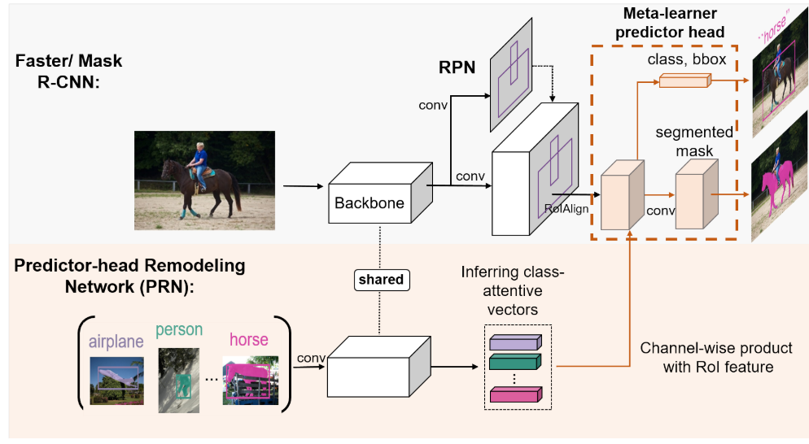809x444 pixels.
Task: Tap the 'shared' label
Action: click(x=381, y=280)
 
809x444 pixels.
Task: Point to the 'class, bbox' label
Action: click(x=687, y=59)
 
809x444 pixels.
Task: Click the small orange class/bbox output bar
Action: click(x=684, y=80)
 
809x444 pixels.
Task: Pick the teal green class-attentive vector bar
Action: click(x=515, y=363)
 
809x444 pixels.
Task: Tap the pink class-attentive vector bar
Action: click(x=515, y=395)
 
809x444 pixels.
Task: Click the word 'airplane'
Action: click(x=116, y=341)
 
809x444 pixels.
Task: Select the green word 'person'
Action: click(x=178, y=330)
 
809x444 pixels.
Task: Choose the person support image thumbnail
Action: click(x=178, y=380)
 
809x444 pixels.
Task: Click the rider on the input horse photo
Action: click(x=199, y=159)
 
